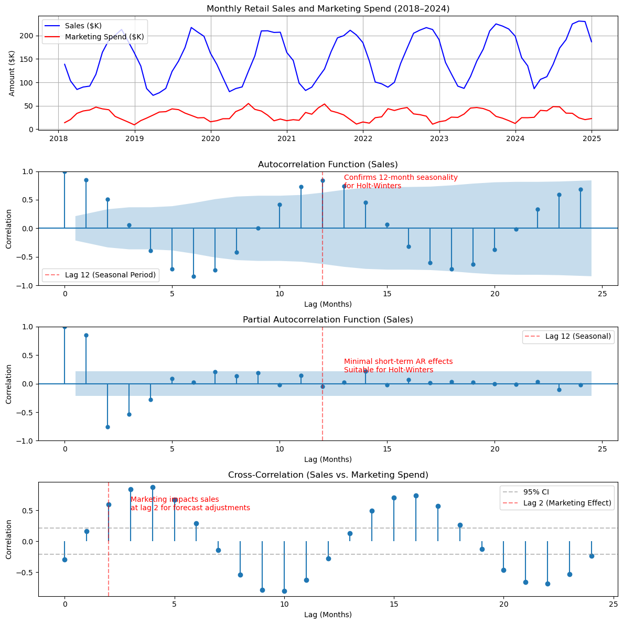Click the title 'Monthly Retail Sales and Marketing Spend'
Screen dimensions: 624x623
(328, 8)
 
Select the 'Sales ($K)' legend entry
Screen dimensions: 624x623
(83, 26)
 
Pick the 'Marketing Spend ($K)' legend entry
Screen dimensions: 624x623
(104, 37)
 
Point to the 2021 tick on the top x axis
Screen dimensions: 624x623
(287, 138)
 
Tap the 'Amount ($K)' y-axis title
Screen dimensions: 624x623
(12, 73)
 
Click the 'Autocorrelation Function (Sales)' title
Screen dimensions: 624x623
(328, 165)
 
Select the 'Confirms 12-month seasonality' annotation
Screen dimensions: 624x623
(401, 178)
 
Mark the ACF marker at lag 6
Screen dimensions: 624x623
(194, 276)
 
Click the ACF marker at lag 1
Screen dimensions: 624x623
(86, 180)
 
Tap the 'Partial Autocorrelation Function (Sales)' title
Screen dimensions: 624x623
(328, 320)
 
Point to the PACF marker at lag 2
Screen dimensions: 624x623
(108, 427)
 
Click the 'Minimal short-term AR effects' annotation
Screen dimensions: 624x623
(398, 362)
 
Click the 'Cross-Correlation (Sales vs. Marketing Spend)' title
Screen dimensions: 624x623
(328, 475)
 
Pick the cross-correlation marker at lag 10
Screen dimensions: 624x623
(284, 591)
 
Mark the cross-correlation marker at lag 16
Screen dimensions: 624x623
(416, 496)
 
